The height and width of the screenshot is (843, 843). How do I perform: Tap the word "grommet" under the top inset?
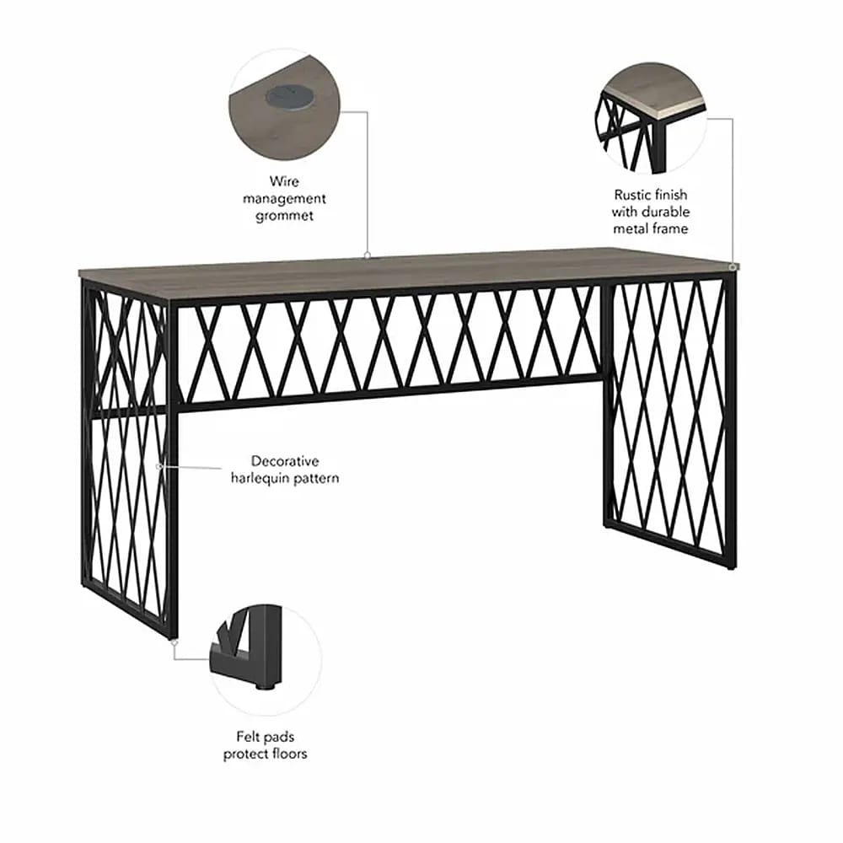pos(284,216)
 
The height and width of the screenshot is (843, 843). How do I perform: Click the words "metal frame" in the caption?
pos(651,228)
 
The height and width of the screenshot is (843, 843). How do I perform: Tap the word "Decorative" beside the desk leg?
pos(285,461)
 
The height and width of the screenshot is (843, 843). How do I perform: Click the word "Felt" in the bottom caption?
pos(247,736)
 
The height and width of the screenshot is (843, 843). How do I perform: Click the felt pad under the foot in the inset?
pos(265,685)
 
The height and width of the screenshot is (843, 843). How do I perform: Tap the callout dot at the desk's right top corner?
pos(733,266)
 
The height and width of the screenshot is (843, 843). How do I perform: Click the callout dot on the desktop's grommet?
pos(368,255)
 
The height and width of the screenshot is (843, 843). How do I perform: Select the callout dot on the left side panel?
pos(158,467)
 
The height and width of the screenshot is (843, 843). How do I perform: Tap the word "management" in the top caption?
pos(284,199)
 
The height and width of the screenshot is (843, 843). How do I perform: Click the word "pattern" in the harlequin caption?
pos(316,479)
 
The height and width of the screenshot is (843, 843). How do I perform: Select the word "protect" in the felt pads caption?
pos(246,754)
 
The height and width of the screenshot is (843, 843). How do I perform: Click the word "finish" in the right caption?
pos(670,194)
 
